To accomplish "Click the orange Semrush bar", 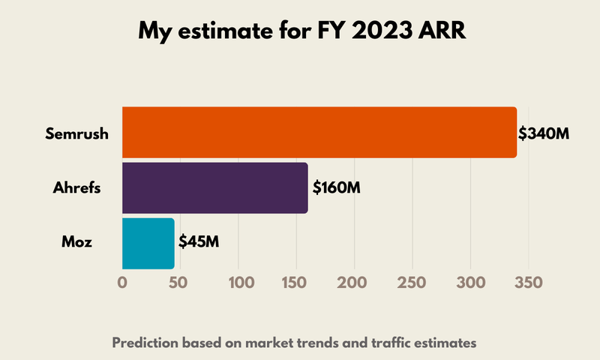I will (x=319, y=133).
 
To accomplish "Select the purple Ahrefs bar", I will (x=215, y=187).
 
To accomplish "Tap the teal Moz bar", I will (x=148, y=243).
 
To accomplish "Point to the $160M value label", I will (x=336, y=187).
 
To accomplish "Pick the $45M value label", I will (x=199, y=242).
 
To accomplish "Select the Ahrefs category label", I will (x=78, y=187).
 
